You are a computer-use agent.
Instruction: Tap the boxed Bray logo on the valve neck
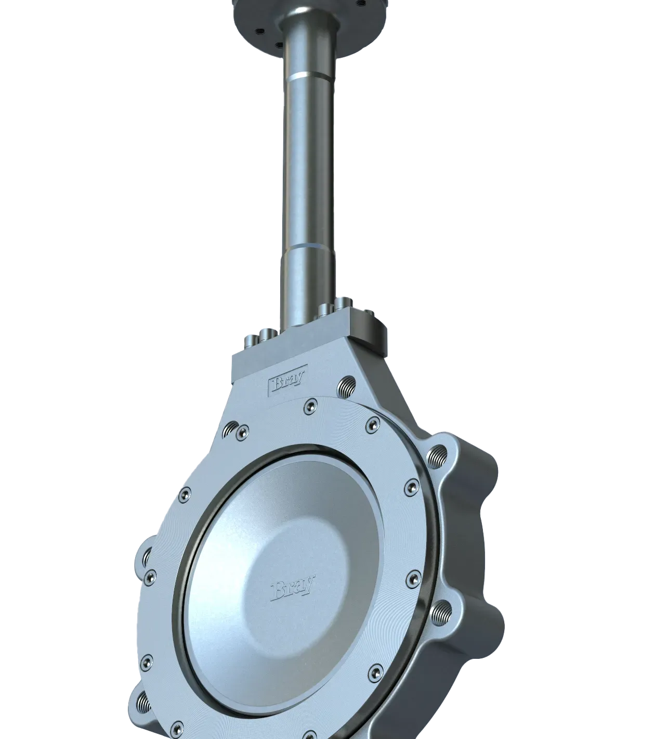[x=287, y=380]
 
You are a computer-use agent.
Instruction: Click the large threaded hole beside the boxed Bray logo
[x=346, y=387]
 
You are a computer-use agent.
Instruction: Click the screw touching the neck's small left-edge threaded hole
[x=242, y=433]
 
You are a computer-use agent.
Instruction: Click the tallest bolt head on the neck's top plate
[x=343, y=304]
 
